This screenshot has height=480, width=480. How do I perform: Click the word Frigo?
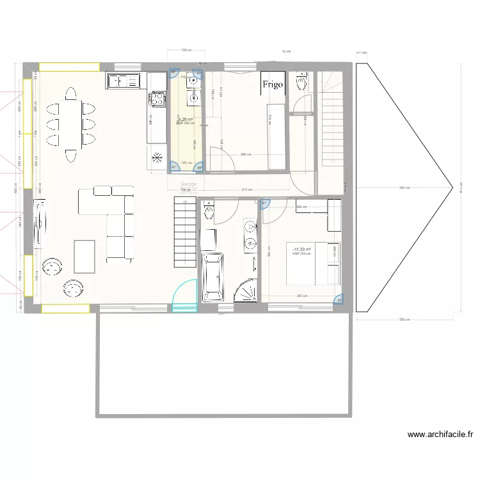click(272, 84)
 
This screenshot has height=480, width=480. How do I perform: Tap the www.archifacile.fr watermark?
click(441, 435)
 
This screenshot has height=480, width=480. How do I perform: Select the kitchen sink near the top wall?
click(124, 81)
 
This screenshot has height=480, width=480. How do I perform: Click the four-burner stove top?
click(157, 99)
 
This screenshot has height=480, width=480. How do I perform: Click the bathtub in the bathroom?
click(213, 276)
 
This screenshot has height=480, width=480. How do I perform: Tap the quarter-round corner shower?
click(246, 291)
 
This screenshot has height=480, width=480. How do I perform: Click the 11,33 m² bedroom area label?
click(301, 249)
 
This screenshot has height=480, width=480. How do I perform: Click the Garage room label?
click(188, 184)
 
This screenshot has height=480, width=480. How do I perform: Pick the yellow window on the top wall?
click(69, 66)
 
